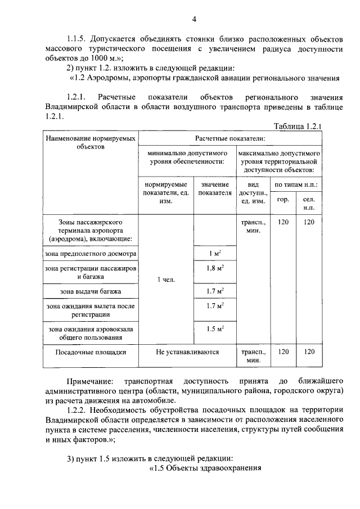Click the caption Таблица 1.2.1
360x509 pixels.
297,127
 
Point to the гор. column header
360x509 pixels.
283,200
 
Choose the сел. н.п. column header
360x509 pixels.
309,204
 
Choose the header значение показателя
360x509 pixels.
214,188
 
